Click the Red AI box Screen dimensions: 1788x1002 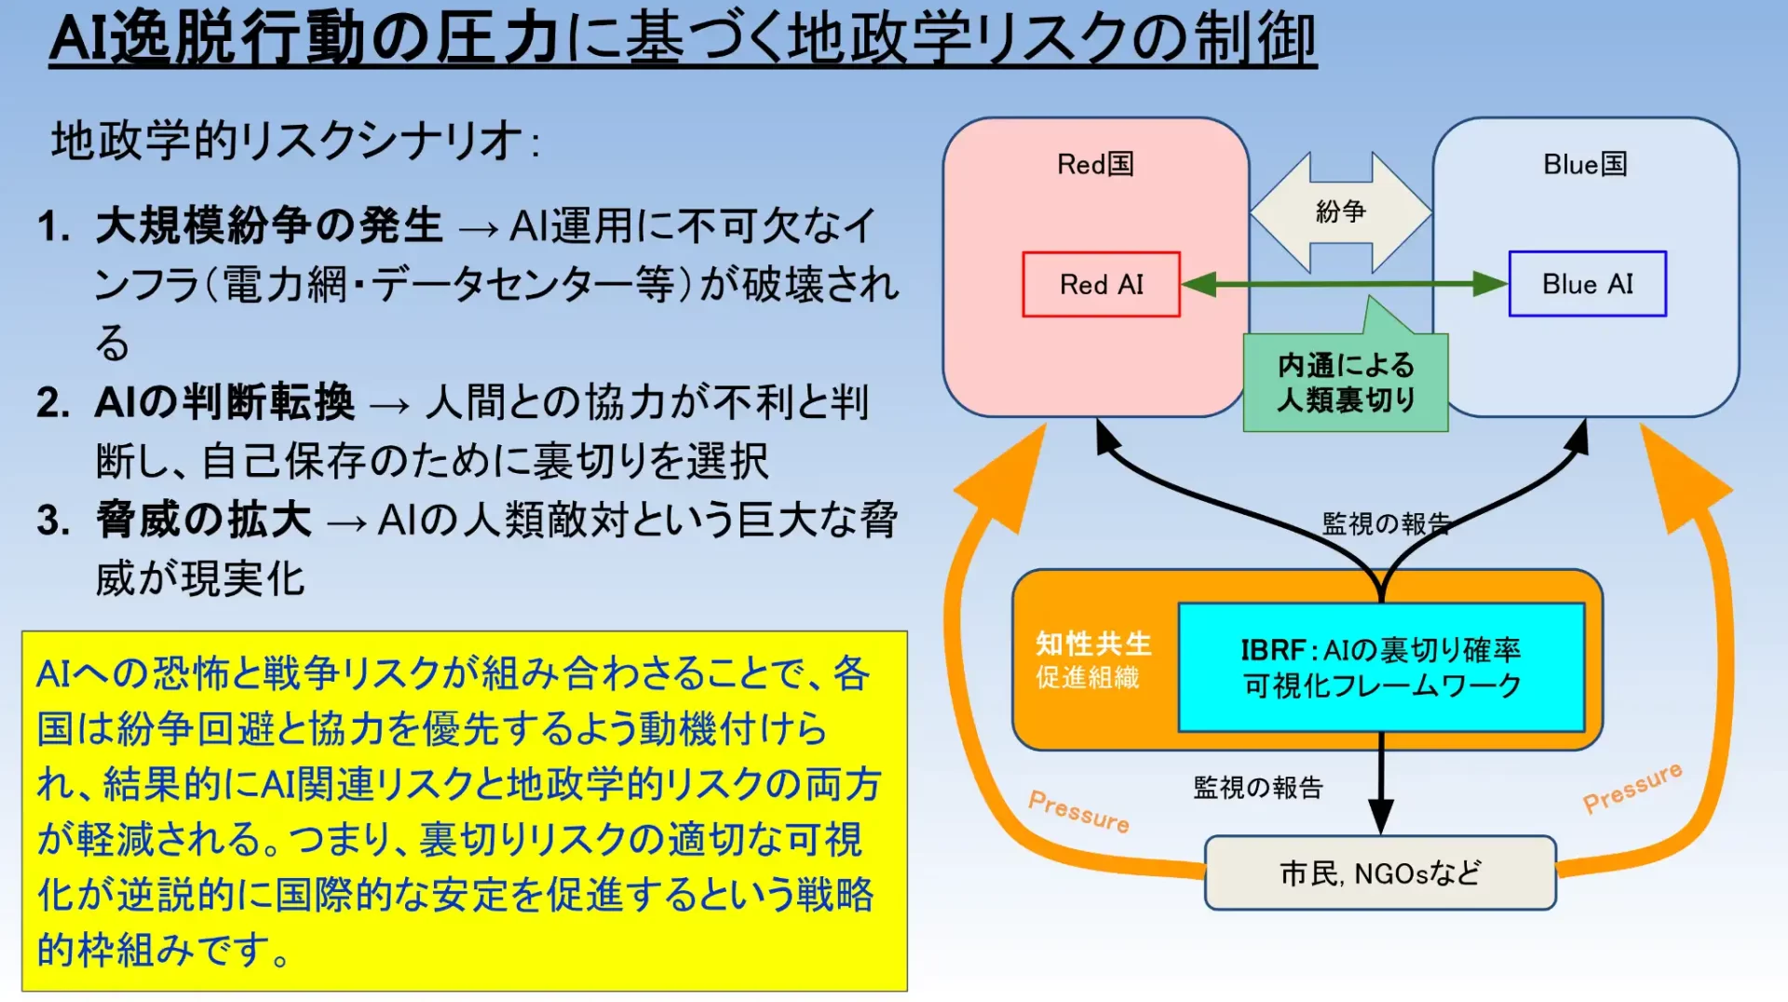[x=1101, y=284]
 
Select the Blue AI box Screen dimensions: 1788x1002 [x=1587, y=284]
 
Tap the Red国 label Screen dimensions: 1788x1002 [x=1095, y=164]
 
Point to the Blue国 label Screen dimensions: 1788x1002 [x=1585, y=164]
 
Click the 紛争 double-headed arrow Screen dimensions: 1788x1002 [x=1340, y=212]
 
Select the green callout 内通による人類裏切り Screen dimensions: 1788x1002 [x=1346, y=382]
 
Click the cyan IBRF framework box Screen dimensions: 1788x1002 [x=1381, y=667]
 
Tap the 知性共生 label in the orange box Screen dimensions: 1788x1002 [x=1093, y=643]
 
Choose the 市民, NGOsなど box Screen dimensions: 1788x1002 [x=1380, y=873]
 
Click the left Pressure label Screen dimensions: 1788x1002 [x=1078, y=811]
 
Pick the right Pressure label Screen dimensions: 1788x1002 [x=1632, y=788]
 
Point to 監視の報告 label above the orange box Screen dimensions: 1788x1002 [x=1386, y=523]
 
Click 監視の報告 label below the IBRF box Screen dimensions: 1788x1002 [x=1258, y=788]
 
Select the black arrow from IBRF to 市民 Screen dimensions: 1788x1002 [x=1381, y=783]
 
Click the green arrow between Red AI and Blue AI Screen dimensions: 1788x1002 [x=1345, y=284]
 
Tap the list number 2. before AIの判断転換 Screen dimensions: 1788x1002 [x=54, y=403]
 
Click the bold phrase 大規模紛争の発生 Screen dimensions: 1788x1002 [x=269, y=225]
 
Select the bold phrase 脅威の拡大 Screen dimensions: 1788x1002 [x=204, y=520]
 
